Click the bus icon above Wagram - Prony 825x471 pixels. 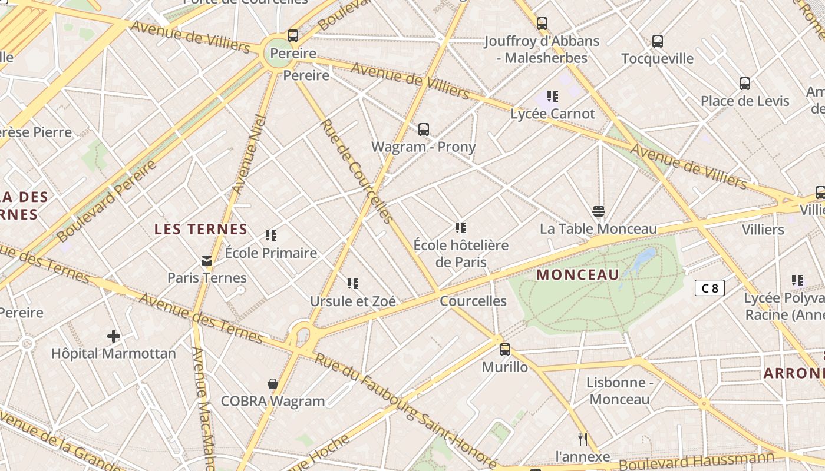[423, 130]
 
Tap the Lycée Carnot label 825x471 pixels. [553, 114]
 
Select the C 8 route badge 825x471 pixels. [709, 288]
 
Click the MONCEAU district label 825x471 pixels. [578, 275]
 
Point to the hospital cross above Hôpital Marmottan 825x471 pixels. [114, 336]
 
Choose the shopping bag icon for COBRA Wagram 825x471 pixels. [273, 384]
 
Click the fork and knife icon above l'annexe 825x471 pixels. [583, 439]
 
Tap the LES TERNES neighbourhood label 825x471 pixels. [201, 229]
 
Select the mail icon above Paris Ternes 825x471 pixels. [207, 260]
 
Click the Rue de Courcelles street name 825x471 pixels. [357, 171]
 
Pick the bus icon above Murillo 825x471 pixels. [505, 350]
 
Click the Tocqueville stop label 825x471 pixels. [657, 58]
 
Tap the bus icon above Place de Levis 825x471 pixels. [745, 84]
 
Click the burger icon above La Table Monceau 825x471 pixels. [599, 211]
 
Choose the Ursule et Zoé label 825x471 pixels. [353, 301]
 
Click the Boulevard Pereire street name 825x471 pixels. [107, 201]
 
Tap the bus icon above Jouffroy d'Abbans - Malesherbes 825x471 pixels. [542, 24]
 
